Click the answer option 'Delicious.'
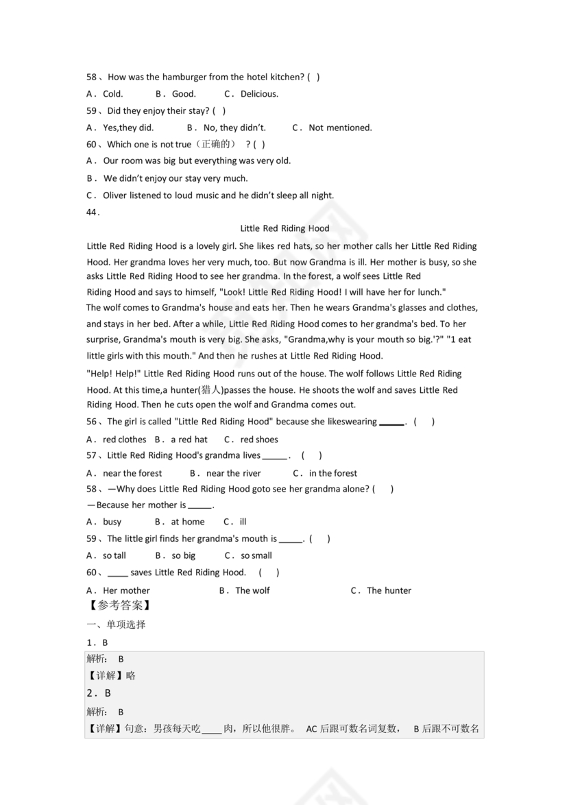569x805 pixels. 258,94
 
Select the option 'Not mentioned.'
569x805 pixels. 340,128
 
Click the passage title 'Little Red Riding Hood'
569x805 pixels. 284,228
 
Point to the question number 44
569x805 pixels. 93,212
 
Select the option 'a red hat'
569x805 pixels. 189,440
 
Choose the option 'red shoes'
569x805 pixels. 259,440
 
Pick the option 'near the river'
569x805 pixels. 233,473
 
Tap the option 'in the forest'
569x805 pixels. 332,473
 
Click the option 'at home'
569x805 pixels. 187,522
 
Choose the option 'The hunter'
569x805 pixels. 389,590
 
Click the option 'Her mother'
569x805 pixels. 126,590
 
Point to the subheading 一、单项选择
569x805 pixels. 116,625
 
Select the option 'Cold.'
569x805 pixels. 112,94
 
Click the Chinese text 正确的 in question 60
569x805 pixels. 215,145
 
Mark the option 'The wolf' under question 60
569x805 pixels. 252,590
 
